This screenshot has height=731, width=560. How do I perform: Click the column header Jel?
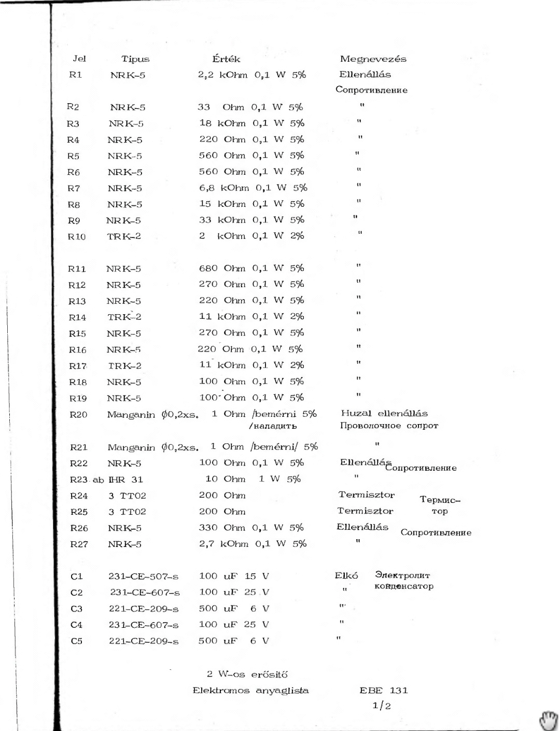click(79, 59)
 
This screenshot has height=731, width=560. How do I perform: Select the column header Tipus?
click(135, 59)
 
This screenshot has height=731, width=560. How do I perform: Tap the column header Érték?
click(226, 59)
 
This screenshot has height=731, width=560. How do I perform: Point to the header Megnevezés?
click(373, 59)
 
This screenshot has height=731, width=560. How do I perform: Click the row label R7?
click(74, 188)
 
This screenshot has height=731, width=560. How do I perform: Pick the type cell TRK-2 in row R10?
click(124, 236)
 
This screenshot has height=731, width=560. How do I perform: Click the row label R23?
click(79, 480)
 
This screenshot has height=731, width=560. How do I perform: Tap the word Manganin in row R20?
click(131, 415)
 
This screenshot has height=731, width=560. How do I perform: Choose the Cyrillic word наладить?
click(273, 426)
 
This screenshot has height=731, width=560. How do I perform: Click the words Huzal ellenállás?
click(384, 414)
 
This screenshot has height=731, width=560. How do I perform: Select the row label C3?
click(76, 609)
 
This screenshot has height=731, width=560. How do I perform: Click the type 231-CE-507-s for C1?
click(143, 577)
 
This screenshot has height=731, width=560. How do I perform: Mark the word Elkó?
click(346, 575)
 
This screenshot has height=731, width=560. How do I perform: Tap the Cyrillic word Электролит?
click(402, 575)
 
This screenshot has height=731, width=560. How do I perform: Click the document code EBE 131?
click(384, 691)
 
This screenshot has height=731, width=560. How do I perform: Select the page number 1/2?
click(382, 706)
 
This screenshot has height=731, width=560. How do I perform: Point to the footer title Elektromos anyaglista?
click(250, 691)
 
